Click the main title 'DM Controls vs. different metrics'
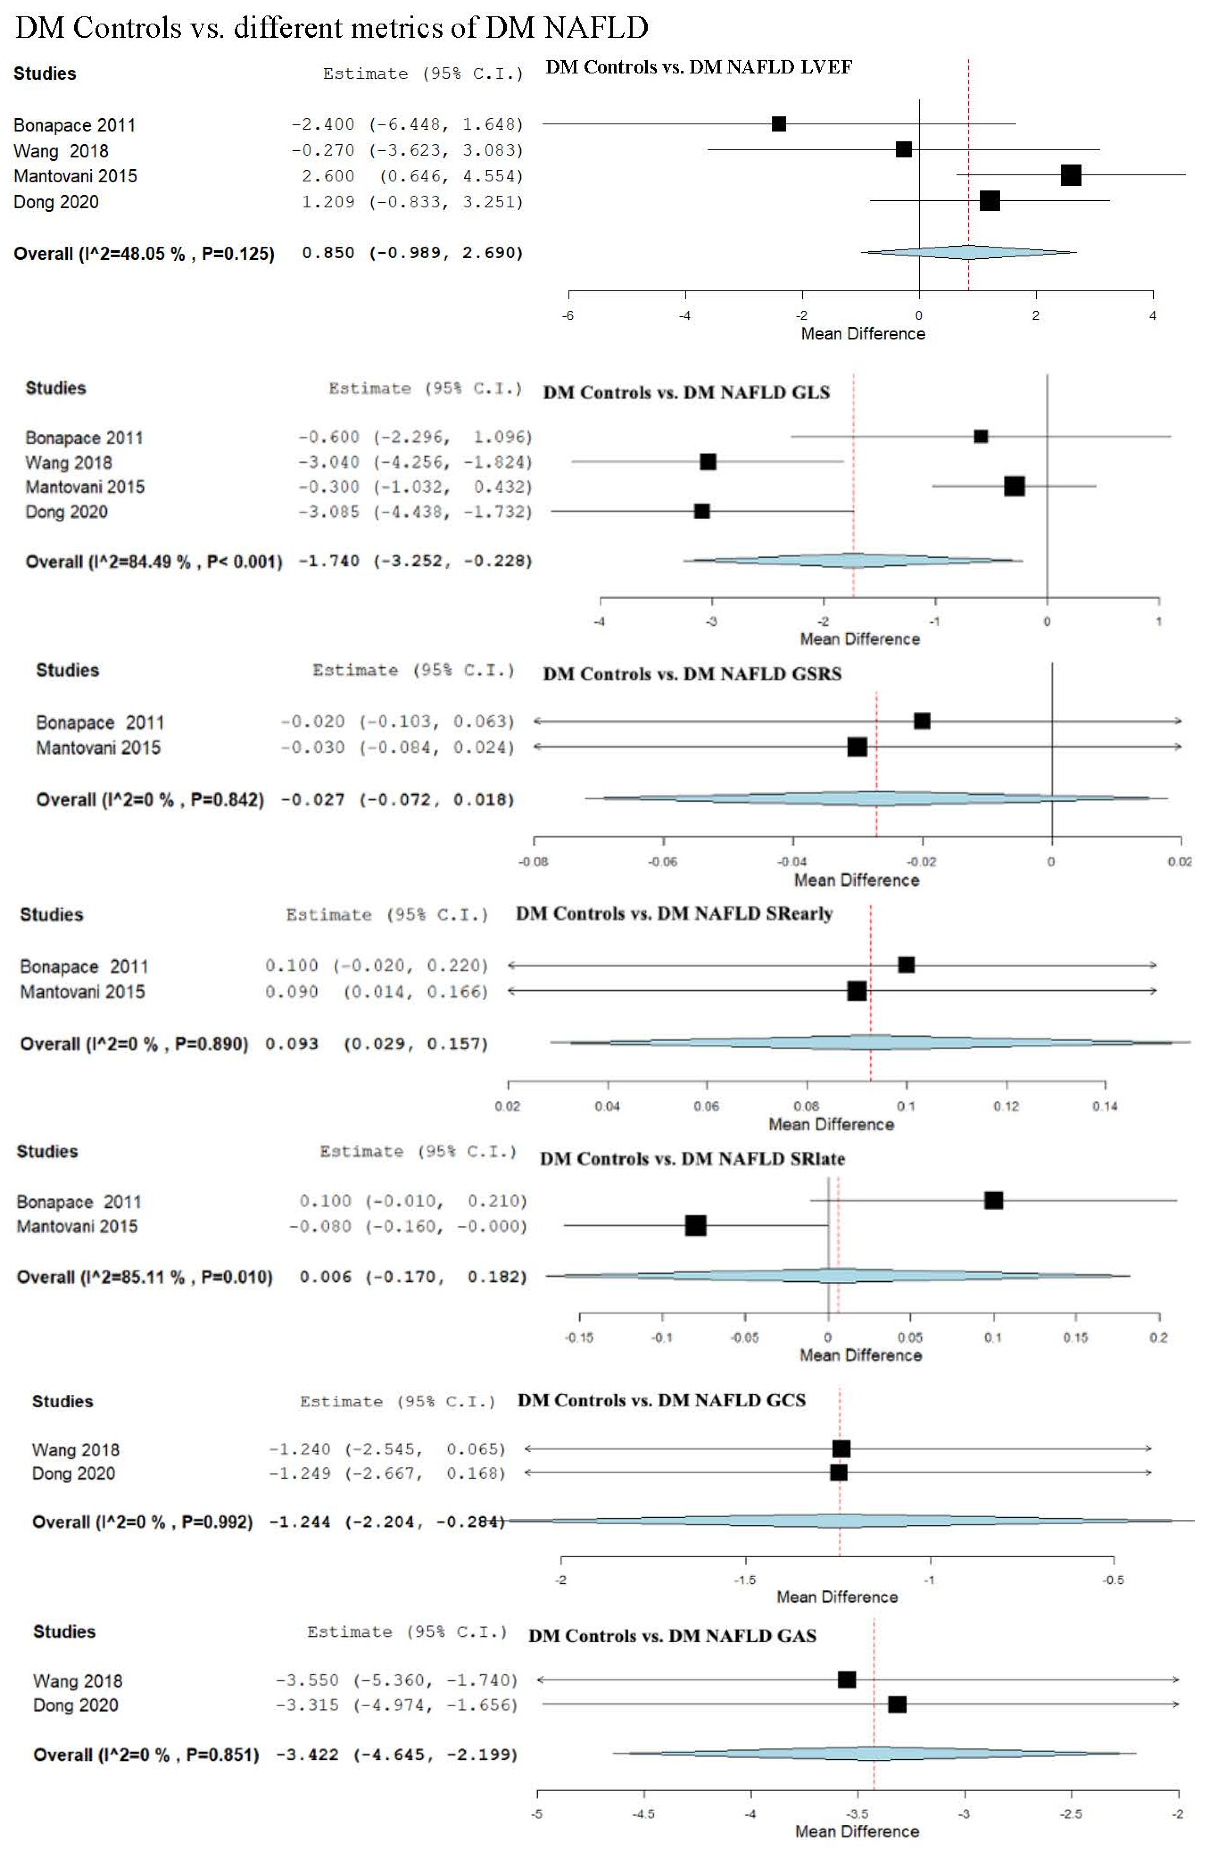pyautogui.click(x=331, y=28)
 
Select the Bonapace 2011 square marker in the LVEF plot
pyautogui.click(x=778, y=124)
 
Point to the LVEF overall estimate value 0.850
pyautogui.click(x=328, y=253)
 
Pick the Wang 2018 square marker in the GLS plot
pyautogui.click(x=707, y=462)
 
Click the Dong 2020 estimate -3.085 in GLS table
pyautogui.click(x=328, y=512)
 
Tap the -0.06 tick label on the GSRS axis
pyautogui.click(x=663, y=861)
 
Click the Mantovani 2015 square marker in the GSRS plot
pyautogui.click(x=857, y=747)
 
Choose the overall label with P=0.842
pyautogui.click(x=150, y=800)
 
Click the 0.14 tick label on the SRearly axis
pyautogui.click(x=1105, y=1106)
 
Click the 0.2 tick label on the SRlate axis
pyautogui.click(x=1159, y=1337)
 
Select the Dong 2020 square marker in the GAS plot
pyautogui.click(x=897, y=1704)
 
